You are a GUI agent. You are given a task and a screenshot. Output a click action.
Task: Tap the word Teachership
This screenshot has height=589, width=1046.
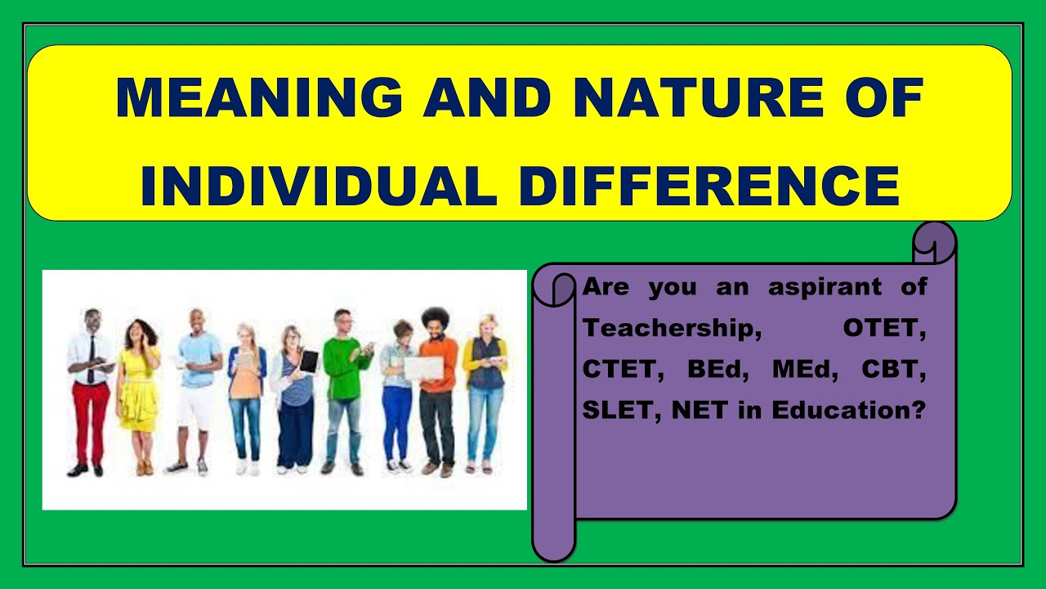(x=667, y=328)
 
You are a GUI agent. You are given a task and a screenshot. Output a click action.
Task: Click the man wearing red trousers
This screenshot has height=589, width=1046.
(x=90, y=393)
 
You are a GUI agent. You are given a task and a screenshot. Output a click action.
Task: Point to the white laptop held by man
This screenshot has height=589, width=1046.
(x=423, y=368)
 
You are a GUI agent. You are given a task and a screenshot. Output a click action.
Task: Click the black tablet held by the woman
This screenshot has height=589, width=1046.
(x=309, y=361)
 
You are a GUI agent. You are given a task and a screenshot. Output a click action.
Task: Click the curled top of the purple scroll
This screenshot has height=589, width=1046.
(x=934, y=242)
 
